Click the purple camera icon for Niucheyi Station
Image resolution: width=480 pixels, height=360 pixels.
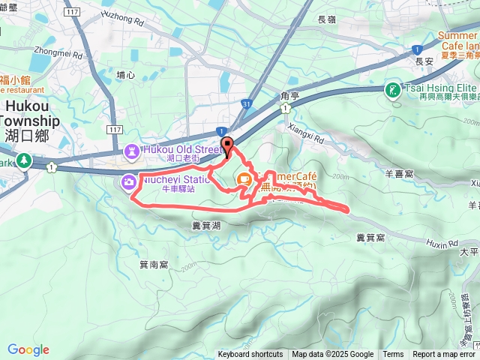pos(129,182)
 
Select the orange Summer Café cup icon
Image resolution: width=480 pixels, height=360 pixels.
pos(244,179)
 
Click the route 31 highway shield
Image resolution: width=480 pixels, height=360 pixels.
pos(247,103)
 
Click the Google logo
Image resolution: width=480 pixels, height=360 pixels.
pos(28,349)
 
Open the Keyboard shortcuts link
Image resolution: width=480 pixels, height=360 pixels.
pos(250,355)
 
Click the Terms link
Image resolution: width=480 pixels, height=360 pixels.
pos(393,355)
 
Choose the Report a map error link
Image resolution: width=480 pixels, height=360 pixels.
pos(444,355)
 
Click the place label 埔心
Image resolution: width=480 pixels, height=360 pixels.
pos(126,75)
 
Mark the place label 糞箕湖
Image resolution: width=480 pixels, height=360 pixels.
pos(206,225)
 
